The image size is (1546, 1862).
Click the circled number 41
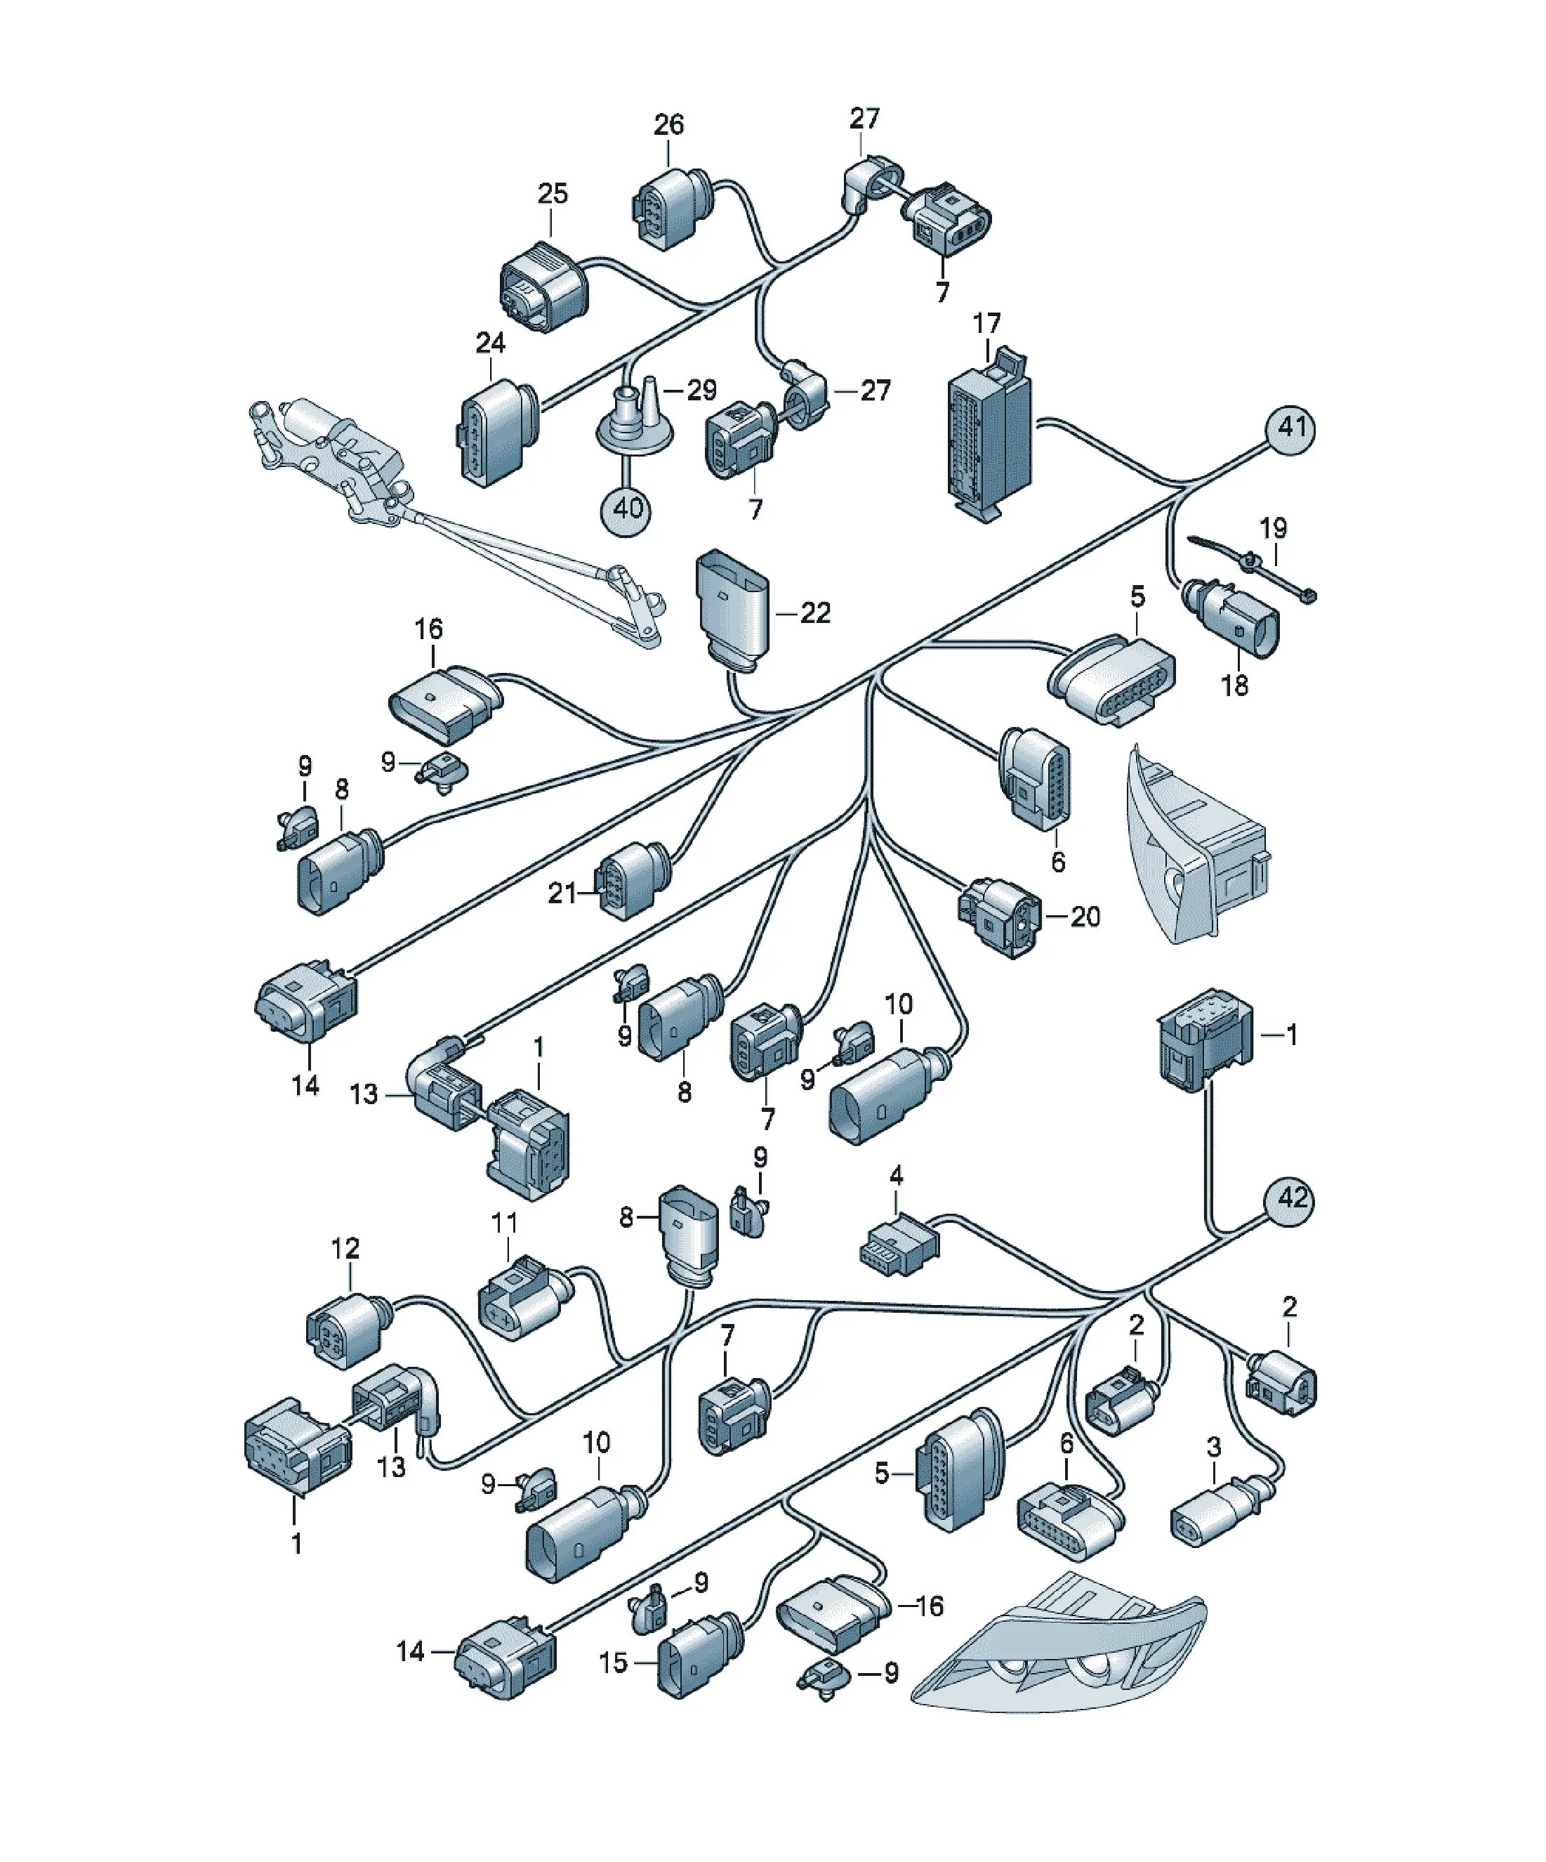pos(1290,429)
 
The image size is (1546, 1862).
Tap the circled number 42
pos(1289,1200)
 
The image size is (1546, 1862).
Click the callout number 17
pos(986,324)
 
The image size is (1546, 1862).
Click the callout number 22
pos(816,612)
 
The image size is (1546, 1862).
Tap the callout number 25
pos(553,193)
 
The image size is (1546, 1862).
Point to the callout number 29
pos(701,390)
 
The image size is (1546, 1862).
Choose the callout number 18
pos(1234,686)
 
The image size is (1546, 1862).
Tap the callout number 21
pos(562,893)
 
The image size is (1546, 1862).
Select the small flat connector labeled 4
pos(898,1244)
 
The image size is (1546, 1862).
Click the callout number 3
pos(1214,1447)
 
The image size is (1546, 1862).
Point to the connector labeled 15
pos(699,1655)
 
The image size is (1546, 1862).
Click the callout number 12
pos(345,1248)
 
